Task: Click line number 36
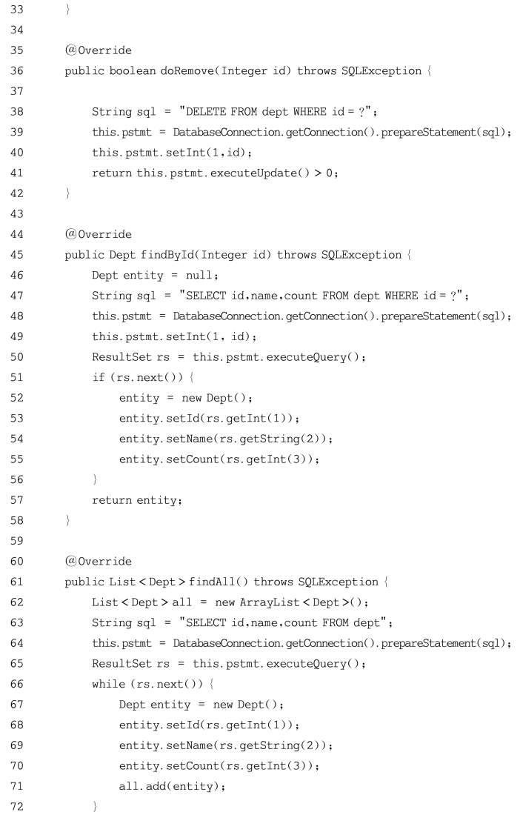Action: (17, 71)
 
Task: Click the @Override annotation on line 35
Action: (98, 50)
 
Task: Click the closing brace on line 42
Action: (68, 193)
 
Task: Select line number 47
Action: (17, 296)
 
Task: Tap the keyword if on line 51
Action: (98, 377)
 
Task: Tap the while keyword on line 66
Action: (108, 684)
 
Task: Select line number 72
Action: (17, 807)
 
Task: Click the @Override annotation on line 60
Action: (98, 562)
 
